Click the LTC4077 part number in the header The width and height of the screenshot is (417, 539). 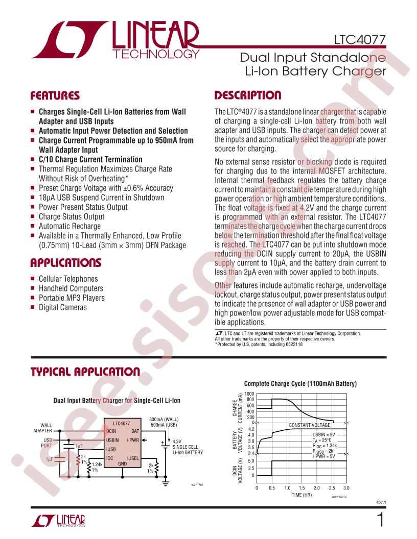[x=360, y=40]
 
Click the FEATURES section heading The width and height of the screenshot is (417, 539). [x=55, y=95]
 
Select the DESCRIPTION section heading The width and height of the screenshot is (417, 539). [x=248, y=95]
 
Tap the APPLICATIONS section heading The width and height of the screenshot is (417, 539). [x=66, y=263]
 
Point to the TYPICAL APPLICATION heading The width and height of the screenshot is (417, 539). [x=85, y=372]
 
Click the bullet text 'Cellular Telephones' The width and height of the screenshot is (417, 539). [x=68, y=279]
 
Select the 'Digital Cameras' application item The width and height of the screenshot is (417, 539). [x=63, y=307]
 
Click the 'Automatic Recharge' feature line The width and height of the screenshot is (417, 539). [x=69, y=226]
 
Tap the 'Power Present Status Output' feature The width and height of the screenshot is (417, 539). [x=83, y=207]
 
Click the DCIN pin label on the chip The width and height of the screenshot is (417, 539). [x=111, y=431]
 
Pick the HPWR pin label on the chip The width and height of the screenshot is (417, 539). [x=133, y=440]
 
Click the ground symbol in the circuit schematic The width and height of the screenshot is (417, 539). [x=166, y=482]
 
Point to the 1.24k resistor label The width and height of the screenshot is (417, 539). [x=97, y=464]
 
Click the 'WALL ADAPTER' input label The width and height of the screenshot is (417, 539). [x=42, y=428]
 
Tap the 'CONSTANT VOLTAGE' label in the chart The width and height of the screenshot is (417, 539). [x=309, y=425]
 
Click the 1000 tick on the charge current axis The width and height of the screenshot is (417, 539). [x=249, y=394]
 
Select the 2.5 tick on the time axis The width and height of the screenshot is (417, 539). [x=332, y=488]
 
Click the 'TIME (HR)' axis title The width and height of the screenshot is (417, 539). [x=302, y=495]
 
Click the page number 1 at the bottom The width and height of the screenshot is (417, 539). [x=381, y=520]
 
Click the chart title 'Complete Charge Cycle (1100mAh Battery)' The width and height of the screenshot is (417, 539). [x=300, y=384]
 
